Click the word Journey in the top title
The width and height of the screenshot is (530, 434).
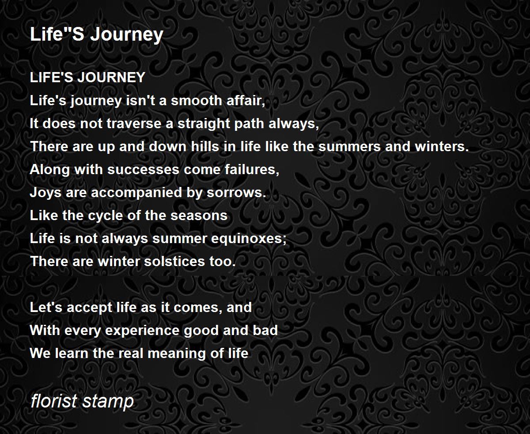(x=127, y=35)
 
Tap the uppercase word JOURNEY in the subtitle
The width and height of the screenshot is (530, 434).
(x=111, y=77)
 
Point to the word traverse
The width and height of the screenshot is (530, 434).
(x=134, y=123)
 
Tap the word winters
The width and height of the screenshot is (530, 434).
(x=442, y=147)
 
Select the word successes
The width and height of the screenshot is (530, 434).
(x=144, y=170)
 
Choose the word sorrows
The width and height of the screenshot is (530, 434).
(x=236, y=193)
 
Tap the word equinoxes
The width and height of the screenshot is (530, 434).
(x=249, y=239)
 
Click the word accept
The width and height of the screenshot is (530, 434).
(x=90, y=308)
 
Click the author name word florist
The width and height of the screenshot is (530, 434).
(x=54, y=401)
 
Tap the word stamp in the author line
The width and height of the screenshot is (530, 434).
(x=108, y=402)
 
